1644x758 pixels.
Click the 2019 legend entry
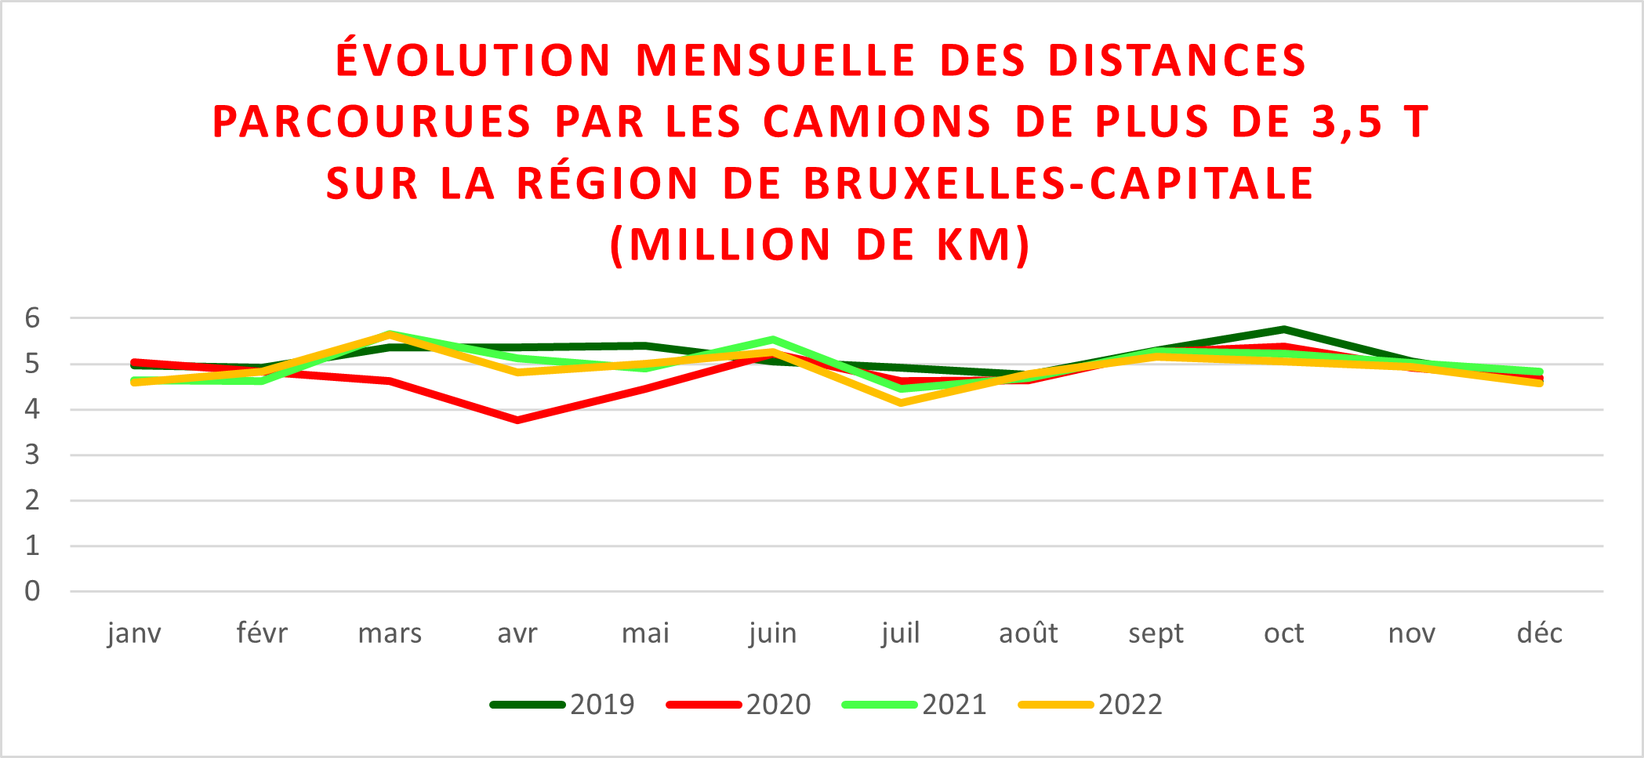tap(562, 705)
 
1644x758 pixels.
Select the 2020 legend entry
tap(739, 705)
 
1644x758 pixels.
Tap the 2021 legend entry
tap(914, 705)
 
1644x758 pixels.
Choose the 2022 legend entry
tap(1091, 705)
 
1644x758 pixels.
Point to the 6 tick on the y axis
tap(32, 318)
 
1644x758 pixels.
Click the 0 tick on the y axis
tap(32, 591)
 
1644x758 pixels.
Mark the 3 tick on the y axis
tap(32, 455)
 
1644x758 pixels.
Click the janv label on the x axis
tap(134, 633)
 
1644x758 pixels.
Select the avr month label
tap(517, 633)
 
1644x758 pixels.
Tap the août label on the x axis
tap(1029, 633)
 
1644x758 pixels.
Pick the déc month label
tap(1540, 633)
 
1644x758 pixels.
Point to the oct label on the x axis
tap(1284, 633)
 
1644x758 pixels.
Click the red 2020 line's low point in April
tap(517, 420)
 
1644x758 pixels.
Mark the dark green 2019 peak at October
tap(1284, 329)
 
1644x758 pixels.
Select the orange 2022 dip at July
tap(901, 403)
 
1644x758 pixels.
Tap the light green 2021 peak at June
tap(773, 340)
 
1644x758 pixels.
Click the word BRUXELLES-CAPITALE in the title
tap(1058, 183)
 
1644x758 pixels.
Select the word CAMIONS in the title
tap(877, 122)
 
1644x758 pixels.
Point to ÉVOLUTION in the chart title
tap(474, 60)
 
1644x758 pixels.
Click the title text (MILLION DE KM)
tap(820, 245)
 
